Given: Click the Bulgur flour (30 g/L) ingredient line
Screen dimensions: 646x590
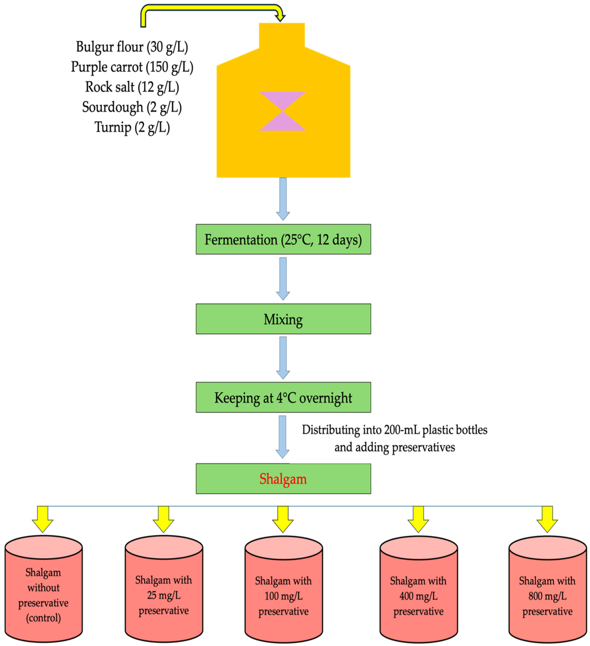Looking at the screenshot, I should pyautogui.click(x=132, y=47).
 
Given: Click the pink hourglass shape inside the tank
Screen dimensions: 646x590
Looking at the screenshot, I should pyautogui.click(x=282, y=111).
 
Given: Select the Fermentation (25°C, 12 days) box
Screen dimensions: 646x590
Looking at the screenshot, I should pyautogui.click(x=283, y=240).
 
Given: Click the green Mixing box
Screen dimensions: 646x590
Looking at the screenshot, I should pyautogui.click(x=283, y=319).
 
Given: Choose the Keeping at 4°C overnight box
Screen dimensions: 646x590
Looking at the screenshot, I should pyautogui.click(x=283, y=398).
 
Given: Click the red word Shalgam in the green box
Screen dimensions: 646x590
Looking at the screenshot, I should pyautogui.click(x=283, y=479).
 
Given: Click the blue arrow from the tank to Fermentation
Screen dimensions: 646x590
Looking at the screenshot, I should pyautogui.click(x=283, y=199).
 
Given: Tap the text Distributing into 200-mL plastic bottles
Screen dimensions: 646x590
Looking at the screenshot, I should pyautogui.click(x=394, y=430).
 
